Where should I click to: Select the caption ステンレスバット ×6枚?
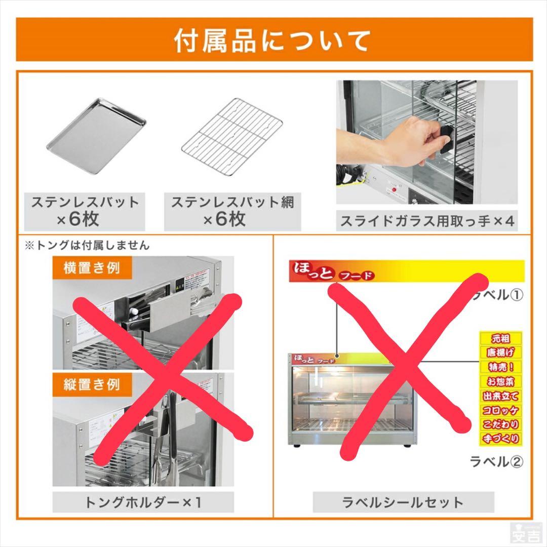tap(85, 211)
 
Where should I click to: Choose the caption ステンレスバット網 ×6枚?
tap(232, 211)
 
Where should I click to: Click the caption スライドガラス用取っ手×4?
tap(426, 221)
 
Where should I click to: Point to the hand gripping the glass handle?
tap(400, 142)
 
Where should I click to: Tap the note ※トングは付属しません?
tap(87, 246)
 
